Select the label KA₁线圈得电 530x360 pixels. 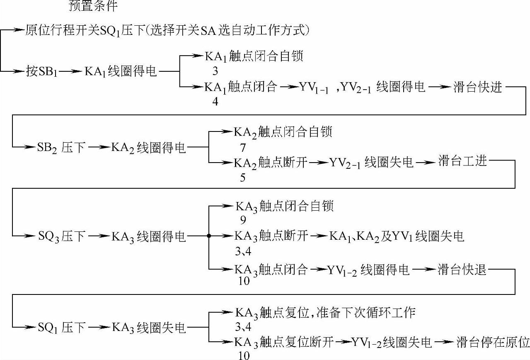(121, 71)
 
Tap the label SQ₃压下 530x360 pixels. (62, 236)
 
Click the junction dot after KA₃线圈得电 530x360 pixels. (209, 236)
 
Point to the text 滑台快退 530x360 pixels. (462, 270)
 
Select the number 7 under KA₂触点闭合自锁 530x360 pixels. (242, 147)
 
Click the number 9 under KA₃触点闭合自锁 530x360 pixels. (242, 220)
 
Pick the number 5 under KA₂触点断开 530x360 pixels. (242, 178)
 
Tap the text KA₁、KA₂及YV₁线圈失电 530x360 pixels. (397, 236)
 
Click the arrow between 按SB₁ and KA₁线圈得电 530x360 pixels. (72, 71)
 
